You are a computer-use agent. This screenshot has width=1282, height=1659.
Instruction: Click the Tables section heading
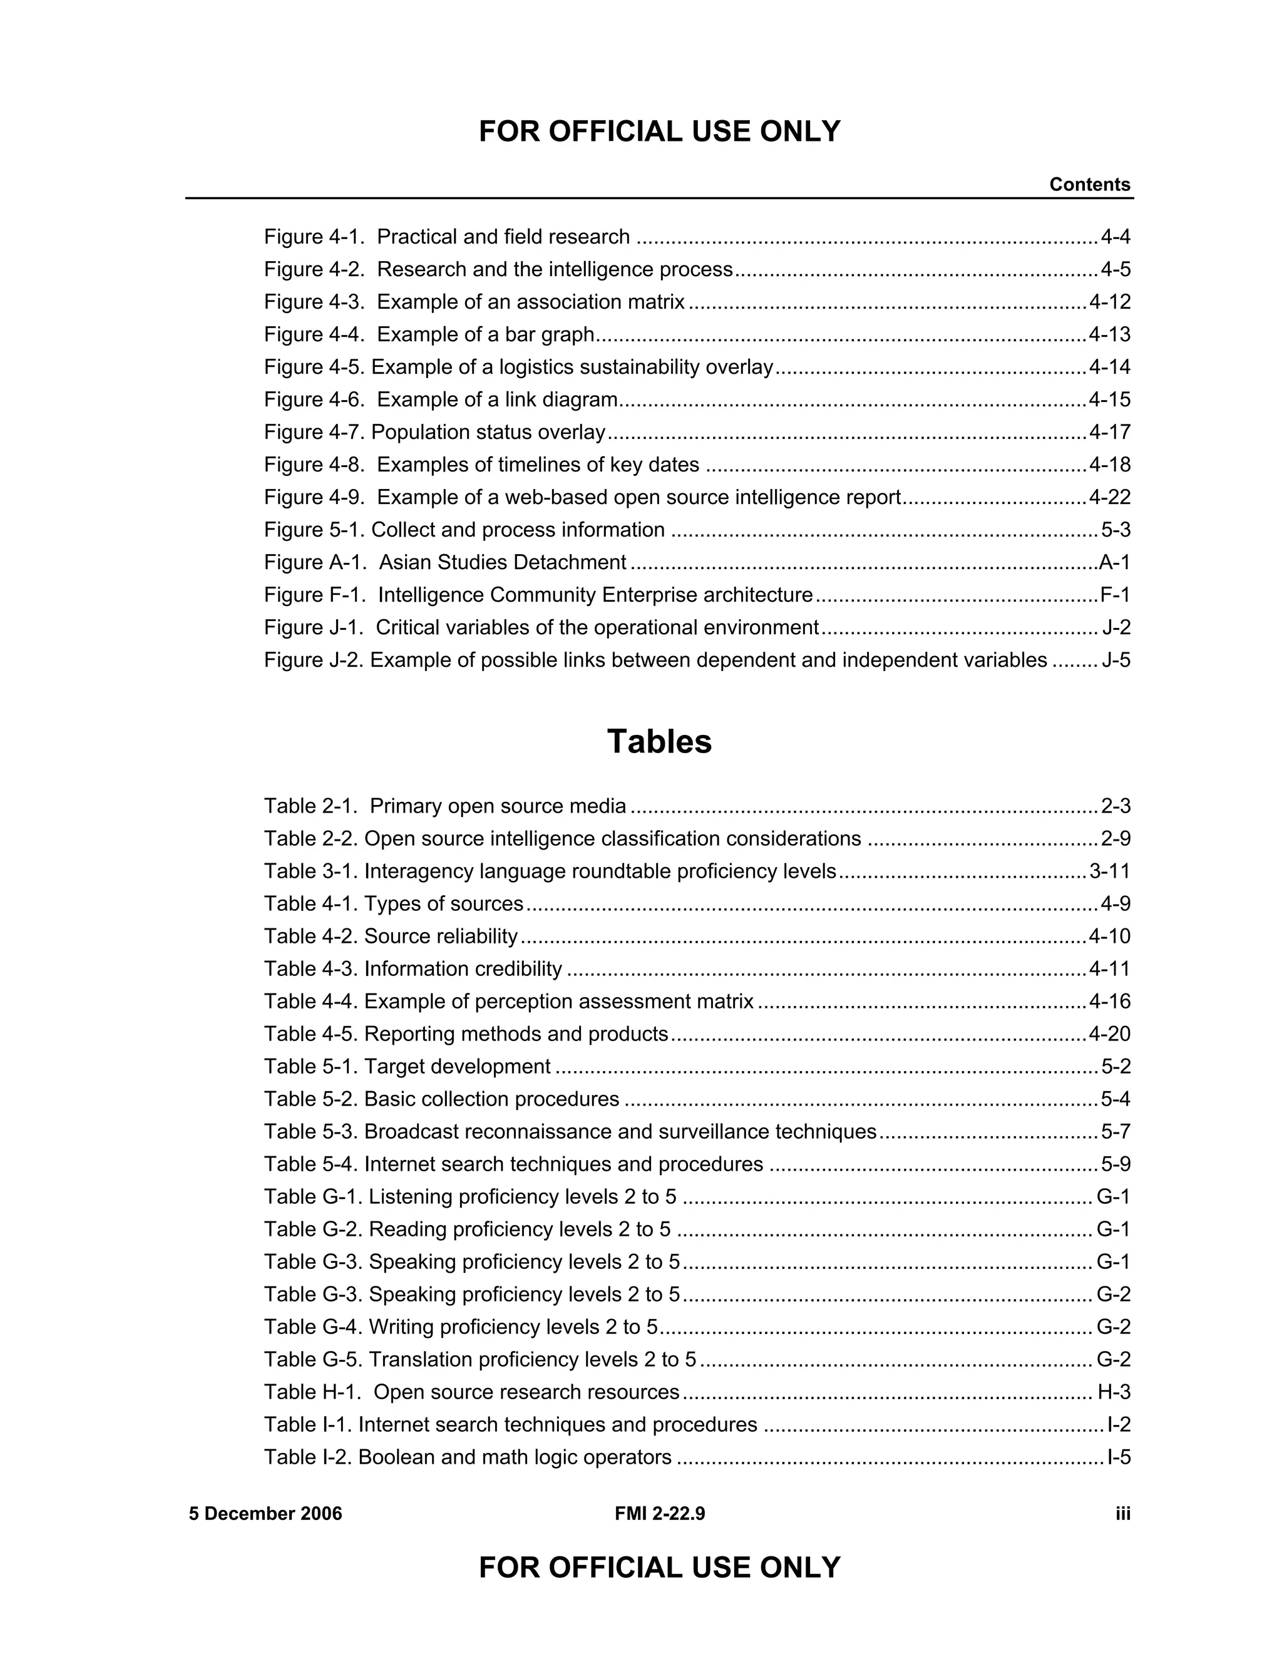[x=659, y=742]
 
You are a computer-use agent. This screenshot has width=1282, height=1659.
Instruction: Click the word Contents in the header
[x=1089, y=185]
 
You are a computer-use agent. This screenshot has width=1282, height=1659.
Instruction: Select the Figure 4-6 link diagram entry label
[x=441, y=399]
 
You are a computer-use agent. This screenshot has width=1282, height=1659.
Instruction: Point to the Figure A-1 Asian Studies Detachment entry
[x=445, y=563]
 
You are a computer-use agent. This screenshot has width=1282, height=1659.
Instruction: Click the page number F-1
[x=1115, y=595]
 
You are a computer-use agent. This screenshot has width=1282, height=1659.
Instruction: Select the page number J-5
[x=1115, y=660]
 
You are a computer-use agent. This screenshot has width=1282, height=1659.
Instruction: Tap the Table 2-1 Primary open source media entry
[x=445, y=806]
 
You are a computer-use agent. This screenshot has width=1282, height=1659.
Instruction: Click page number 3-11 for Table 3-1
[x=1110, y=871]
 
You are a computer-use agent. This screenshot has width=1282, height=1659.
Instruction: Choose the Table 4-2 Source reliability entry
[x=391, y=937]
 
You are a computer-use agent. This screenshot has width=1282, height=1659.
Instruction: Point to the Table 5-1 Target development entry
[x=407, y=1067]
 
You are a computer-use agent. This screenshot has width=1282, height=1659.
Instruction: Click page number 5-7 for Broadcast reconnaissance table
[x=1115, y=1132]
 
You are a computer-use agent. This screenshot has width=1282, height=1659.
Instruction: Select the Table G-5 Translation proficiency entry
[x=480, y=1359]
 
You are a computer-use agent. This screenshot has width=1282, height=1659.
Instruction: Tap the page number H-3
[x=1114, y=1392]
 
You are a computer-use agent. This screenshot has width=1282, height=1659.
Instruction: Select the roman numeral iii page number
[x=1122, y=1514]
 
